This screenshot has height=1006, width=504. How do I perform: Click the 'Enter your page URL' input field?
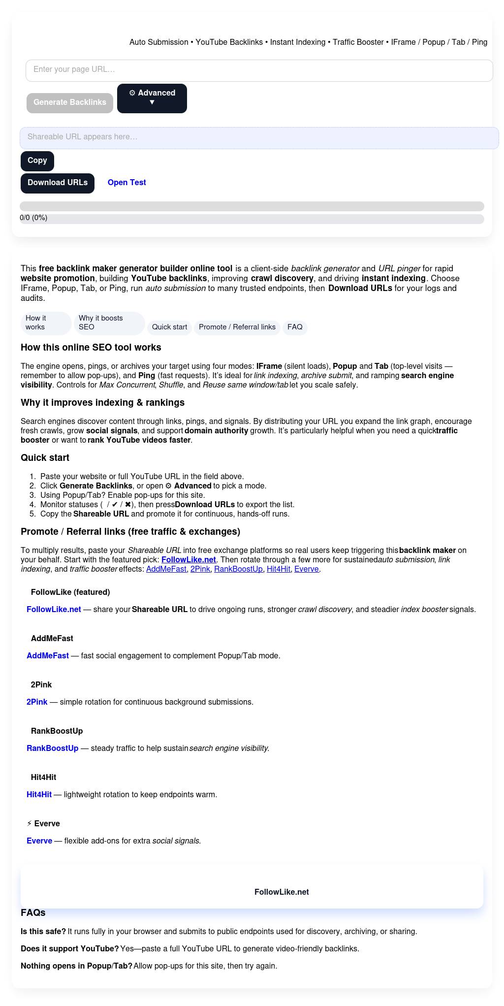(259, 70)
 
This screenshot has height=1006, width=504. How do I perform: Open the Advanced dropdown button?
(152, 98)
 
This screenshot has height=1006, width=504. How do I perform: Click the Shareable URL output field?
(259, 137)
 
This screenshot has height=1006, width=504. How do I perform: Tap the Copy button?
(37, 161)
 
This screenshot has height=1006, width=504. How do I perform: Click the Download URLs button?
(58, 183)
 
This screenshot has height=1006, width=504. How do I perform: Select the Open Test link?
(126, 183)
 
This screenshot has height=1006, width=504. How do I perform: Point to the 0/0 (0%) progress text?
(33, 218)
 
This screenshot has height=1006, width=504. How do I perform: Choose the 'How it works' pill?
(45, 323)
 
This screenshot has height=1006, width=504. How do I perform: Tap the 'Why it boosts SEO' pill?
(109, 323)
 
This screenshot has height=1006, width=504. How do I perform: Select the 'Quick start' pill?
(169, 327)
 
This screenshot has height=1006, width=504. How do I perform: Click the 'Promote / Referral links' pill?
(237, 327)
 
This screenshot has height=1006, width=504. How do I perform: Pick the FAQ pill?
(295, 327)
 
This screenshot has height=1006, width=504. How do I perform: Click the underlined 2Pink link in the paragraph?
(200, 569)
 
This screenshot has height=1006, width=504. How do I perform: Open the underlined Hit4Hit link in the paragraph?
(278, 569)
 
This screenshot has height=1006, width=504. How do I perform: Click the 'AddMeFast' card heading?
(52, 639)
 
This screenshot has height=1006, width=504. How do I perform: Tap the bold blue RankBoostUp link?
(52, 748)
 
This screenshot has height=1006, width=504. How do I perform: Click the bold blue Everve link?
(39, 841)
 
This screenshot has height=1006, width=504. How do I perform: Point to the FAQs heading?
(33, 913)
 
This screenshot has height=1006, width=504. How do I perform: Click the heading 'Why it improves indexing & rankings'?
(102, 403)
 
